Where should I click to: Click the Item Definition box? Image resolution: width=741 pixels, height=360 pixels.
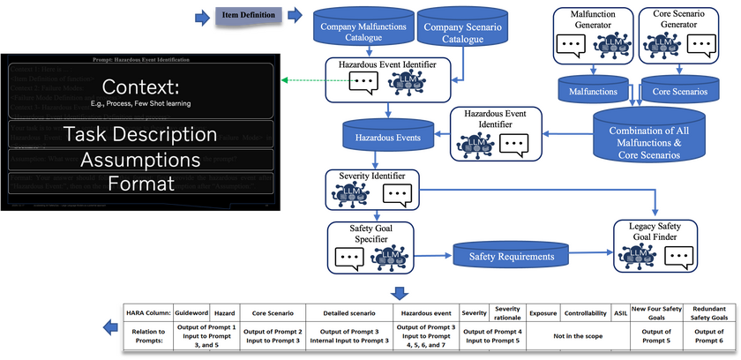249,15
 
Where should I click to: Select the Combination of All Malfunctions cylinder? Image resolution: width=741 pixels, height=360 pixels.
648,139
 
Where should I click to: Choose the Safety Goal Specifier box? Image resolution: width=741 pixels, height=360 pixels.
371,243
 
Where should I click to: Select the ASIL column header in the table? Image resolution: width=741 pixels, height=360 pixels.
621,312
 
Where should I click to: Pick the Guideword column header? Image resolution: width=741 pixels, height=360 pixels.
192,312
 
